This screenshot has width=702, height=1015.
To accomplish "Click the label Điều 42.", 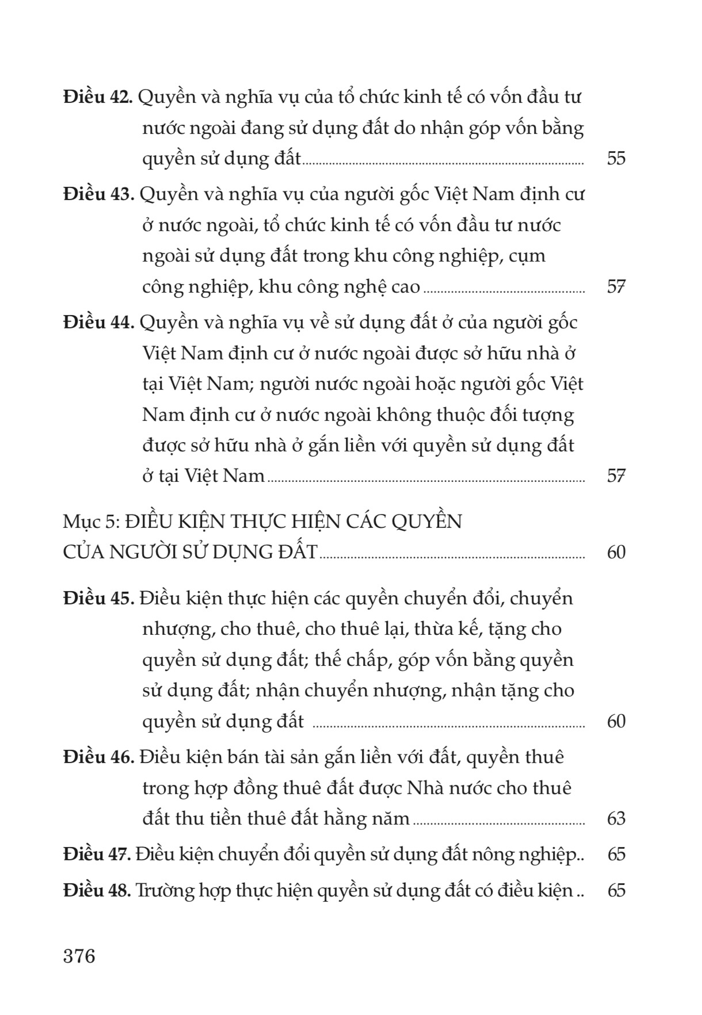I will [98, 97].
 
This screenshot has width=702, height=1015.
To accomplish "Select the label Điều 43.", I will [98, 194].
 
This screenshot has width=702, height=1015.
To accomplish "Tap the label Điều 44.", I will [98, 322].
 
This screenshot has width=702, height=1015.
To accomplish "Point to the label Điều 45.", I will [98, 598].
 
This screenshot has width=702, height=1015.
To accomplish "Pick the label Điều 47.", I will [97, 854].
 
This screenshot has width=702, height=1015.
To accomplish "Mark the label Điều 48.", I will [97, 890].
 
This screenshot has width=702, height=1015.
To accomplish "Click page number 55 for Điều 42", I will [616, 158].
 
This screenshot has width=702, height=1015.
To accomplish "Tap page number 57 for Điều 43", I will [616, 286].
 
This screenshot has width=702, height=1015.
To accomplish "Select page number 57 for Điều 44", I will [616, 476].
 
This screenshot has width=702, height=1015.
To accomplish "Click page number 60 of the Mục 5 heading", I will [616, 552].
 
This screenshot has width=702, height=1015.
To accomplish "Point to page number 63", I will [616, 818].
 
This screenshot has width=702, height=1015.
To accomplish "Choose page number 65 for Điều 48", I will [616, 890].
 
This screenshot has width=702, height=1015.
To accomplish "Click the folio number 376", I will [79, 956].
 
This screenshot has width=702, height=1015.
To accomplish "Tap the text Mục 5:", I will [92, 521].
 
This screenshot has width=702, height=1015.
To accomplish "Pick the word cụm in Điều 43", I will [525, 256].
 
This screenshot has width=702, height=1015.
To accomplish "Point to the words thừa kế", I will [447, 629].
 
